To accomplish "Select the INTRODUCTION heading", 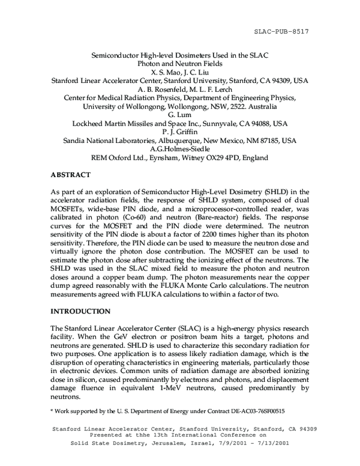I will pyautogui.click(x=81, y=311).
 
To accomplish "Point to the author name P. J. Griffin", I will pyautogui.click(x=180, y=132).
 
